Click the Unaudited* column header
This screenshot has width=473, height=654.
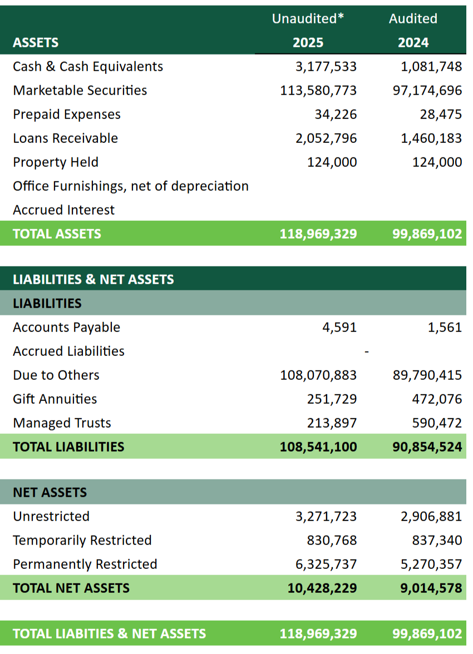pos(308,18)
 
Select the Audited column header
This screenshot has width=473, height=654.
pos(413,18)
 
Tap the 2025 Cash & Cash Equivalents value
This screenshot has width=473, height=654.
pos(326,67)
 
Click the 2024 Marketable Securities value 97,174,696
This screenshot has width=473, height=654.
pos(427,91)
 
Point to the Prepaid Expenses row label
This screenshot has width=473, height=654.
pos(67,115)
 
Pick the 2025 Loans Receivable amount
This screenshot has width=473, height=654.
pos(326,138)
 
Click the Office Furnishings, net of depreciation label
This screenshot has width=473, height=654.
pos(131,186)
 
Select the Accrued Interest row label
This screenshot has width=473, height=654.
pos(64,210)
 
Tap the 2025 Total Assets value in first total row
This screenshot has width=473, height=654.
pos(318,234)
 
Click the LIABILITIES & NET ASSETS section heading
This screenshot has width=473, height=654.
pos(93,279)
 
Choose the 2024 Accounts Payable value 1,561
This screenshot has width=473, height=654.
pos(445,327)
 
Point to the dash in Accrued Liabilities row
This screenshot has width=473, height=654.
pos(366,351)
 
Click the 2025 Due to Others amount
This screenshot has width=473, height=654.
pos(318,375)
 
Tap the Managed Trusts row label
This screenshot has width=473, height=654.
pos(62,423)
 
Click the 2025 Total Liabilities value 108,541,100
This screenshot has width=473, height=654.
pos(318,447)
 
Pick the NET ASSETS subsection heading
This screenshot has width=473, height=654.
pos(50,492)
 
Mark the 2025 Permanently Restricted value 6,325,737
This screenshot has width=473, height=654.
pos(326,564)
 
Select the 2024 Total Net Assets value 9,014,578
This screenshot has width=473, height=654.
pos(431,588)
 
